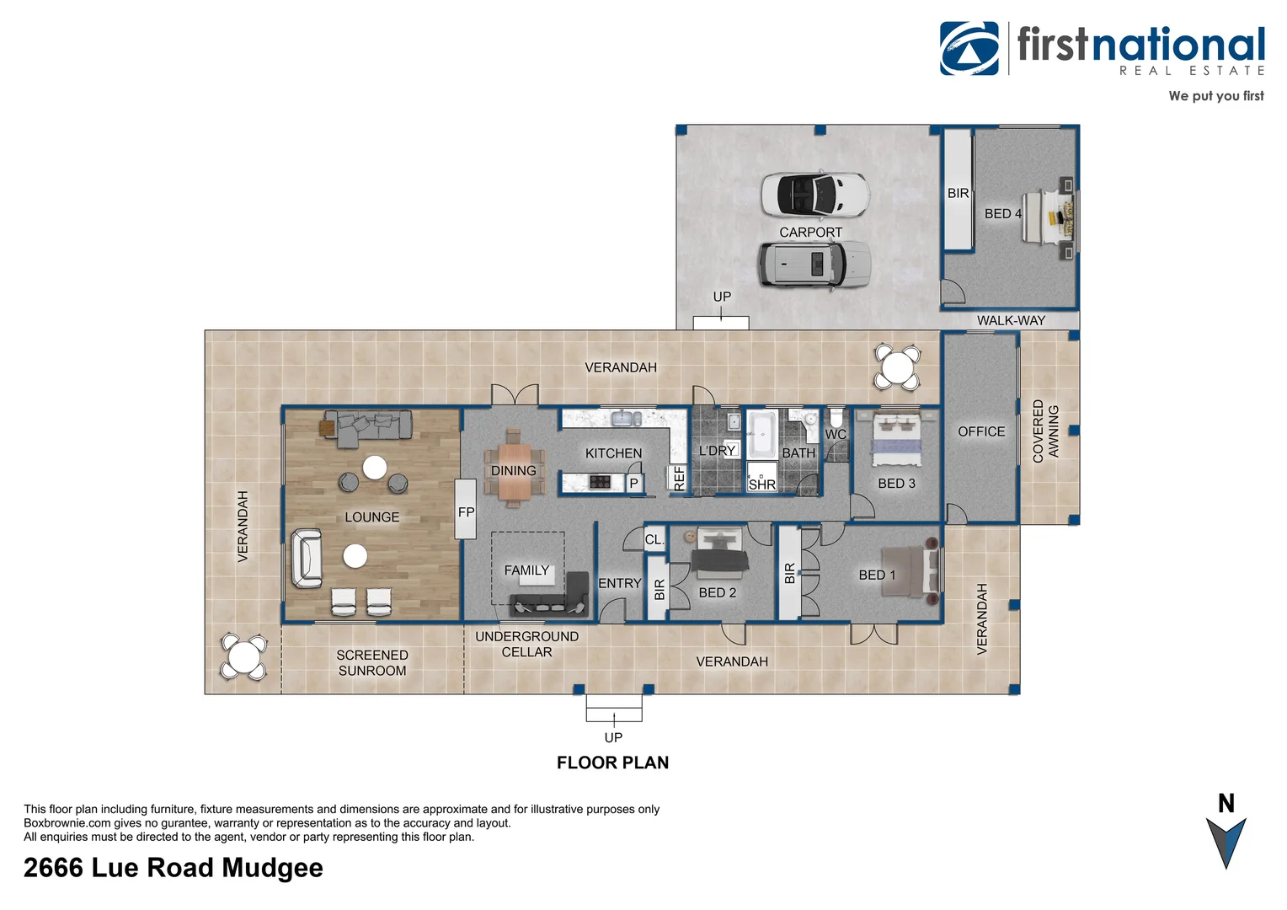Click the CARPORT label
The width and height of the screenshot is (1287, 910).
(x=810, y=233)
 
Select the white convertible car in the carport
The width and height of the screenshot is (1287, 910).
(x=814, y=195)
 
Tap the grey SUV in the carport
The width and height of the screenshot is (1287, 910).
(x=814, y=265)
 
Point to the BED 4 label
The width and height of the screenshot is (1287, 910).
(x=1002, y=214)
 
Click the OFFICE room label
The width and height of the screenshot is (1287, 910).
(x=981, y=431)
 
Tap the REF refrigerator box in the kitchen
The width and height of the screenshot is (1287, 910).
(x=679, y=478)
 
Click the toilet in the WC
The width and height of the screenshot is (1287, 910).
(x=836, y=417)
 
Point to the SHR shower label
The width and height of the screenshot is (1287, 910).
(x=761, y=484)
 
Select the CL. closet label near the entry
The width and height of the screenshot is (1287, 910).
(x=654, y=540)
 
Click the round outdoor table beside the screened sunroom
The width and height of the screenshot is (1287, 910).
(x=243, y=657)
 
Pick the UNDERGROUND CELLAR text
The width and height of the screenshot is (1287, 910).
(x=526, y=645)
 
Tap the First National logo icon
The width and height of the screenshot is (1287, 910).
(x=969, y=49)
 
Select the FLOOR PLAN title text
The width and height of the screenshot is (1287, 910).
(x=612, y=763)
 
